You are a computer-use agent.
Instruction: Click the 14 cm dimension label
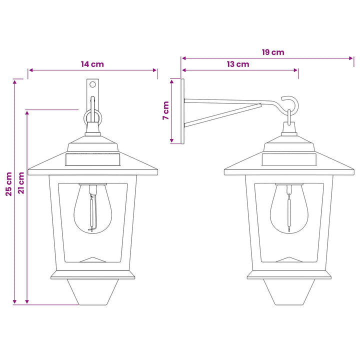(x=92, y=64)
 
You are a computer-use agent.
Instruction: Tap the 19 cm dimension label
(x=273, y=52)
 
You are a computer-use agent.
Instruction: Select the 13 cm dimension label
(x=238, y=64)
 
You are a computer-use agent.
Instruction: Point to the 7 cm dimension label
(x=166, y=110)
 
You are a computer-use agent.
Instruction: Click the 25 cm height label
(x=9, y=184)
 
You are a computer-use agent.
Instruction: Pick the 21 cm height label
(x=21, y=183)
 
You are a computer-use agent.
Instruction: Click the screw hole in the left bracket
(x=92, y=84)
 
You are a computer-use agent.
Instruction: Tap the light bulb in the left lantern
(x=93, y=208)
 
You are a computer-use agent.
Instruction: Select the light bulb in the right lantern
(x=289, y=208)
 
